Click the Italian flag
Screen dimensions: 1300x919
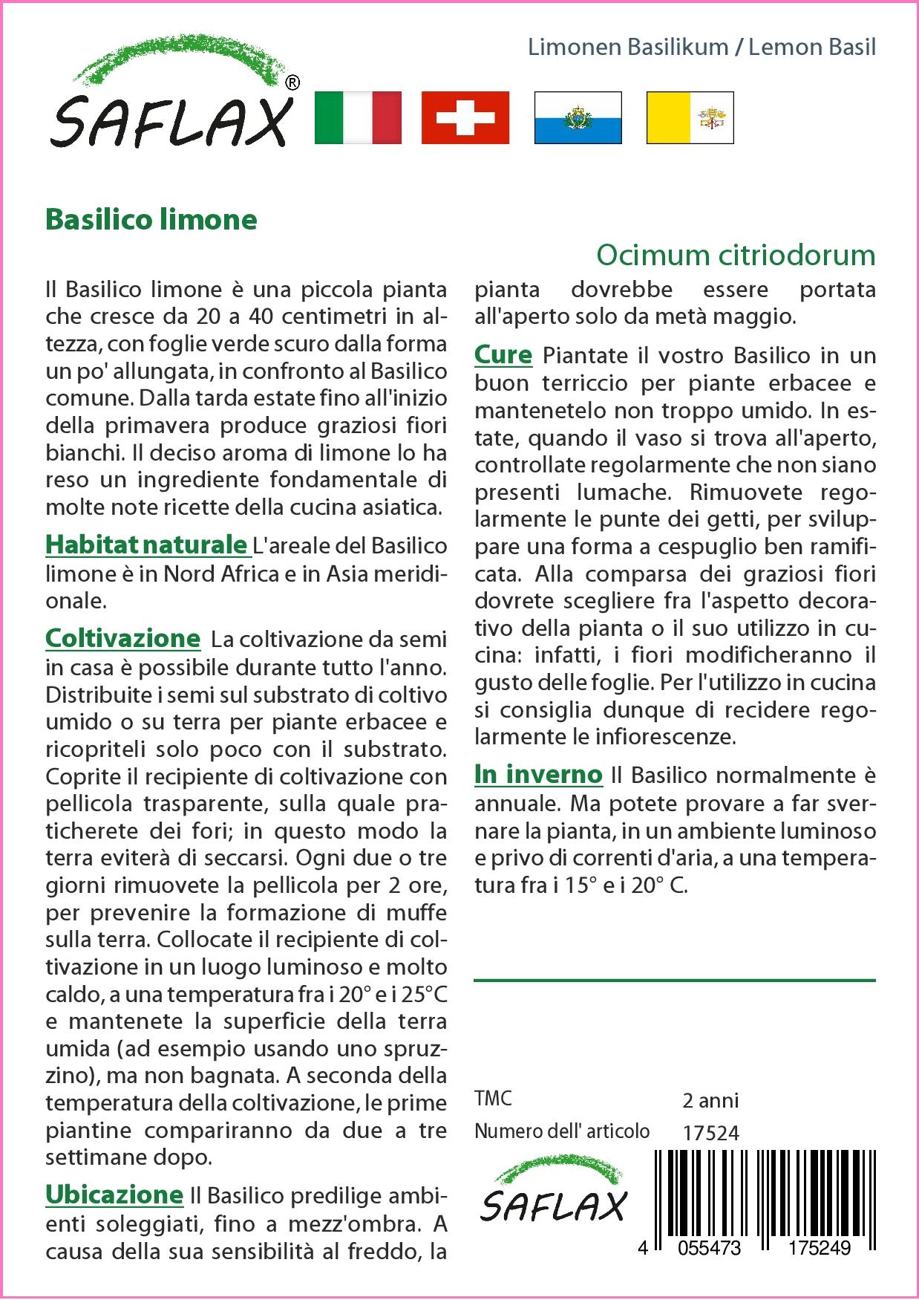point(358,117)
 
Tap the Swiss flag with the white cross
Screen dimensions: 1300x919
point(465,117)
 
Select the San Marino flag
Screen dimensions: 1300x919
point(578,117)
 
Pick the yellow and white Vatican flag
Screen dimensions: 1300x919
point(690,117)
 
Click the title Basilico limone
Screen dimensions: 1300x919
point(151,220)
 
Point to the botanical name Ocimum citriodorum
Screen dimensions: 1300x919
point(736,256)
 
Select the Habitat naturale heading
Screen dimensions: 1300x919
point(146,545)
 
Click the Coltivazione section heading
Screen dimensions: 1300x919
point(123,638)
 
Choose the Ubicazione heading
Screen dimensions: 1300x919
point(114,1194)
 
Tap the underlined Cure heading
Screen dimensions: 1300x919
point(503,355)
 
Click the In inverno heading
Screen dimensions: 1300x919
point(538,774)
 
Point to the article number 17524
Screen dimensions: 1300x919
point(710,1133)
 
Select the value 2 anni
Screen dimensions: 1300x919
point(710,1099)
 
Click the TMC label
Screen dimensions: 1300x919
point(493,1099)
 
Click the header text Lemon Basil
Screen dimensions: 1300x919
point(812,48)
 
